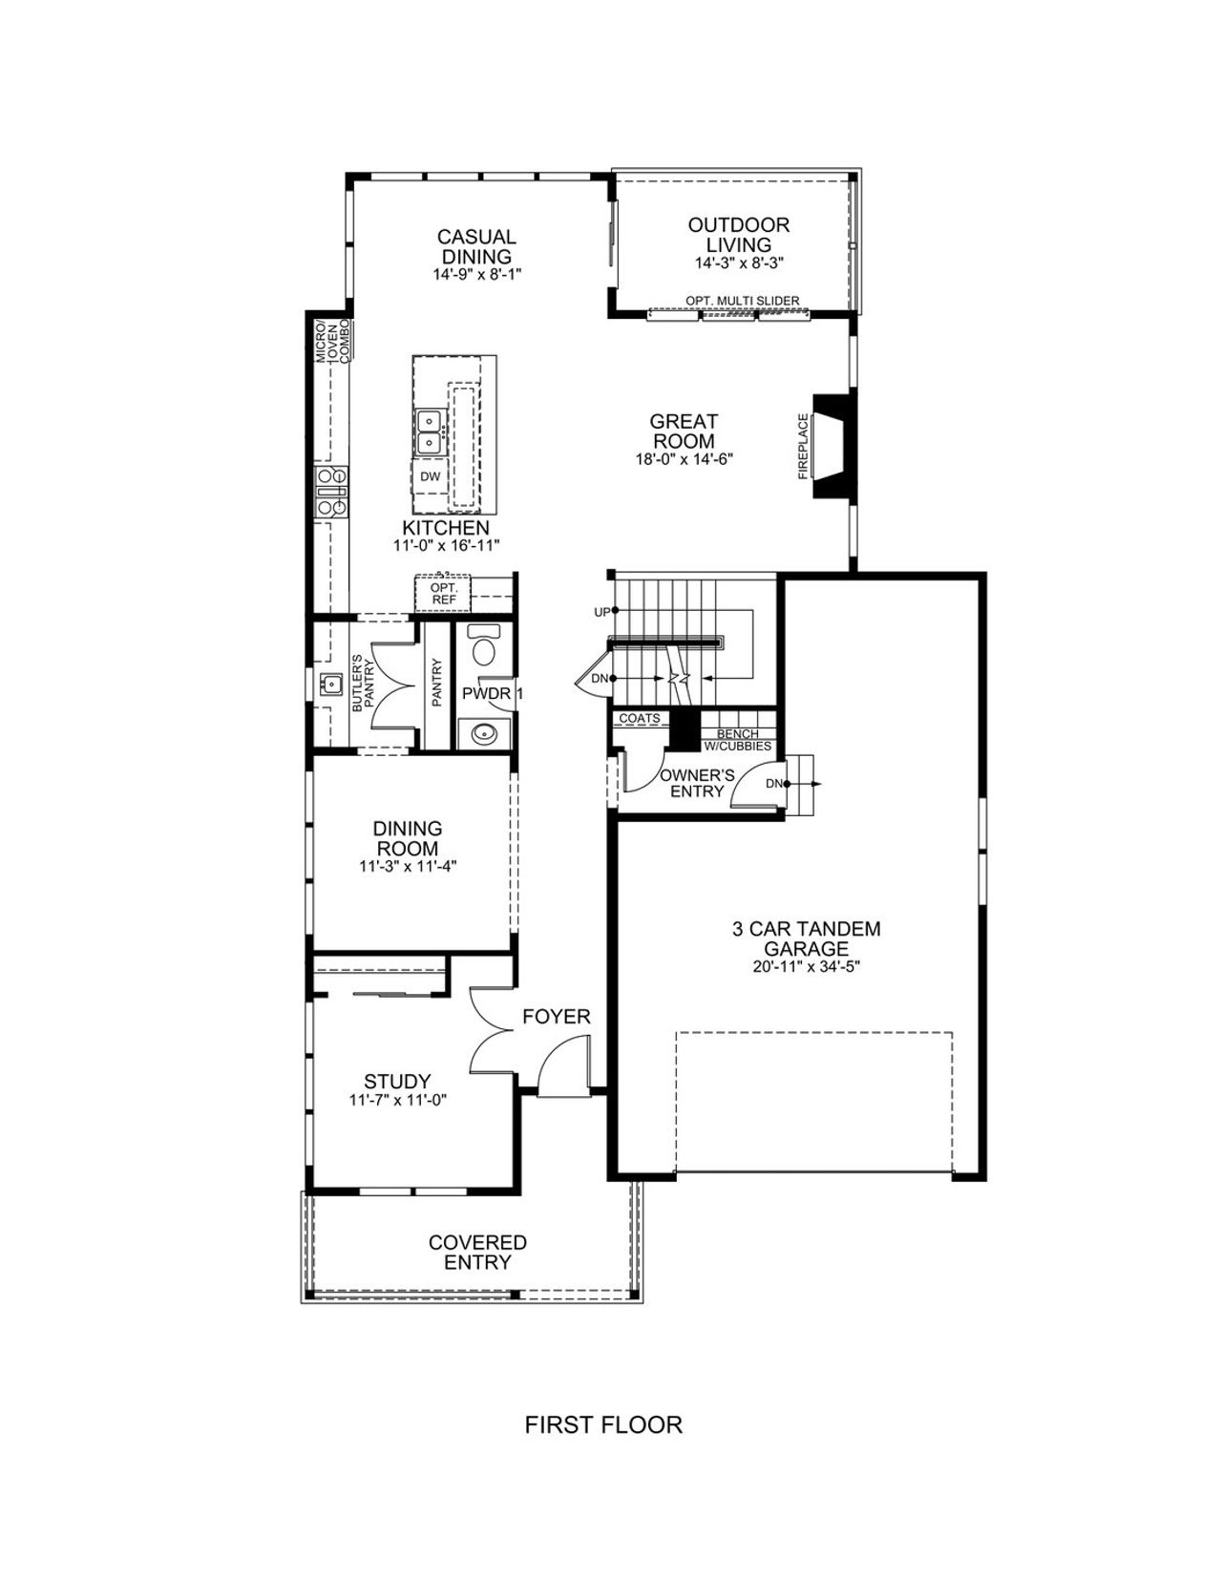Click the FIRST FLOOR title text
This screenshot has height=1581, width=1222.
click(x=603, y=1425)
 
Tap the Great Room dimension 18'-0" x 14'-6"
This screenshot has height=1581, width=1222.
click(x=684, y=458)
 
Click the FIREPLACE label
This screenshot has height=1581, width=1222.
click(x=803, y=445)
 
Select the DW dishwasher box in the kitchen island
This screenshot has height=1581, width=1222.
click(x=430, y=475)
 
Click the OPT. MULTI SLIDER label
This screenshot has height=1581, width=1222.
click(x=742, y=301)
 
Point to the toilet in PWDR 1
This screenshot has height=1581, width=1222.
click(x=484, y=647)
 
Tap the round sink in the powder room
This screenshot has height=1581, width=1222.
click(x=484, y=734)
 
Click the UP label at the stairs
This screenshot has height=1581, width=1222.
click(x=601, y=611)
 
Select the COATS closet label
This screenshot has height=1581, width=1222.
click(x=640, y=718)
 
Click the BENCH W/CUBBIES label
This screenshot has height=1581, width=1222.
click(x=737, y=740)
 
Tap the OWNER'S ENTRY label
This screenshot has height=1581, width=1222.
click(x=697, y=783)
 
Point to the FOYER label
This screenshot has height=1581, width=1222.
click(x=557, y=1017)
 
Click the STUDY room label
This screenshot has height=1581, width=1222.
click(x=397, y=1082)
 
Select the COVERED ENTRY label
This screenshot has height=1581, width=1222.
click(x=477, y=1252)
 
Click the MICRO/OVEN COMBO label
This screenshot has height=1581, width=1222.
click(x=335, y=340)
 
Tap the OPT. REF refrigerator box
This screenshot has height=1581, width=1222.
click(x=443, y=593)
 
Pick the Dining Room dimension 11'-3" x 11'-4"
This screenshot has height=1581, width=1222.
click(x=408, y=867)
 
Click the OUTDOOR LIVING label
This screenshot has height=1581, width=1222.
click(x=739, y=234)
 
